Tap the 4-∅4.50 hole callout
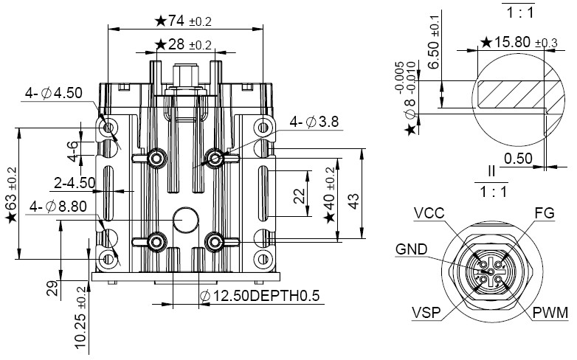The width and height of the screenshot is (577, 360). pyautogui.click(x=53, y=94)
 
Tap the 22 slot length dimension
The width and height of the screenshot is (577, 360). pyautogui.click(x=299, y=195)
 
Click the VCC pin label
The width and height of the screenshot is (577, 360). pyautogui.click(x=429, y=213)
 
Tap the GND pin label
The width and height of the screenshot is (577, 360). pyautogui.click(x=410, y=249)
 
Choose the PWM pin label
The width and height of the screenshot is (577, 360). pyautogui.click(x=550, y=313)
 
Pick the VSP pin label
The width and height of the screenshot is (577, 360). pyautogui.click(x=426, y=313)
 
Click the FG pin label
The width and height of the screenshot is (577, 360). pyautogui.click(x=543, y=213)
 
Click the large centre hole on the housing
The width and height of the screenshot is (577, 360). pyautogui.click(x=185, y=221)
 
